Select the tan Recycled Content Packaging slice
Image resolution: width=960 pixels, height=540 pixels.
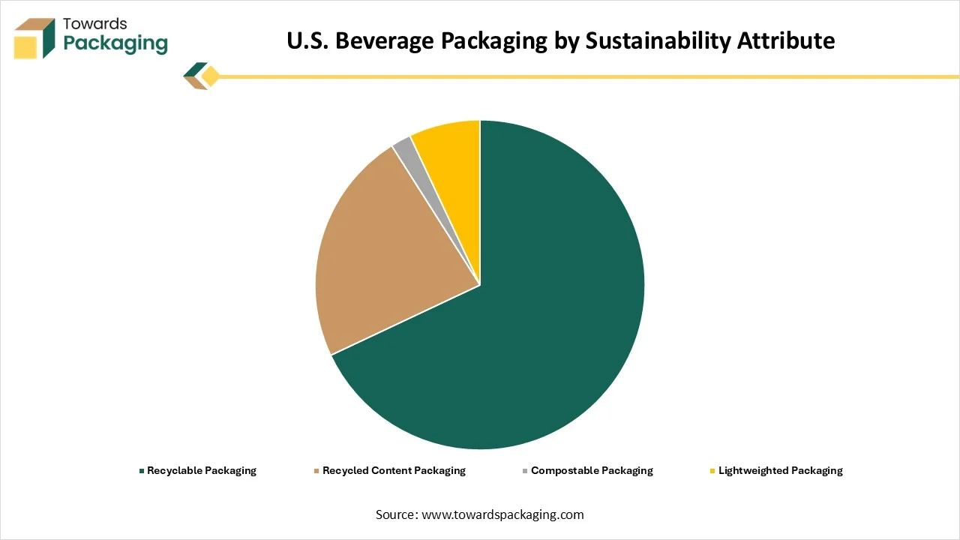tap(375, 255)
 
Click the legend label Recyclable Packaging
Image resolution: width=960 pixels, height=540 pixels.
tap(202, 471)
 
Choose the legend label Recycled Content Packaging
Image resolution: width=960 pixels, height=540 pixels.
tap(394, 471)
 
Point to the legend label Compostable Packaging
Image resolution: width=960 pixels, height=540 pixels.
tap(592, 471)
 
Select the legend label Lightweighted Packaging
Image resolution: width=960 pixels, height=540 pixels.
tap(780, 471)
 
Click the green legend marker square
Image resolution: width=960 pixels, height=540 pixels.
tap(141, 471)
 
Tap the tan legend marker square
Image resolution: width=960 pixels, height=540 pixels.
tap(316, 471)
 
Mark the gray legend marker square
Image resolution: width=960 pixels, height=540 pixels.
tap(525, 471)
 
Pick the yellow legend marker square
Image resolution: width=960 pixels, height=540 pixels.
tap(712, 471)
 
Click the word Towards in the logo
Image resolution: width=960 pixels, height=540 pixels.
tap(95, 24)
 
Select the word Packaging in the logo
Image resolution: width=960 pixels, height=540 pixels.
tap(115, 43)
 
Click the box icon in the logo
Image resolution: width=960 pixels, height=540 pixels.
tap(34, 38)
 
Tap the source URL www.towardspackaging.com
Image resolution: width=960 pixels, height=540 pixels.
tap(502, 514)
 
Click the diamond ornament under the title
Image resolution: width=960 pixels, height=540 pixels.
tap(210, 76)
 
